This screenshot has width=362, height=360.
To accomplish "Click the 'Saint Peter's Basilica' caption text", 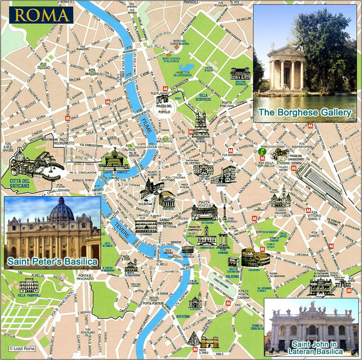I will pyautogui.click(x=52, y=262).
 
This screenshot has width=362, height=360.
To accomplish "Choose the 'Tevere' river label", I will pyautogui.click(x=118, y=231).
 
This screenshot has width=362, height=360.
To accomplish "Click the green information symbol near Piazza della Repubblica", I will pyautogui.click(x=261, y=151).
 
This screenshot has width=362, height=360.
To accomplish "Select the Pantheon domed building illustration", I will pyautogui.click(x=167, y=200).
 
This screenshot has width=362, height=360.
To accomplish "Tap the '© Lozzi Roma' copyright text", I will pyautogui.click(x=21, y=349).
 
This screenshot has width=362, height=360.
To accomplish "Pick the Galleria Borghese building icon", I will pyautogui.click(x=240, y=73).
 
